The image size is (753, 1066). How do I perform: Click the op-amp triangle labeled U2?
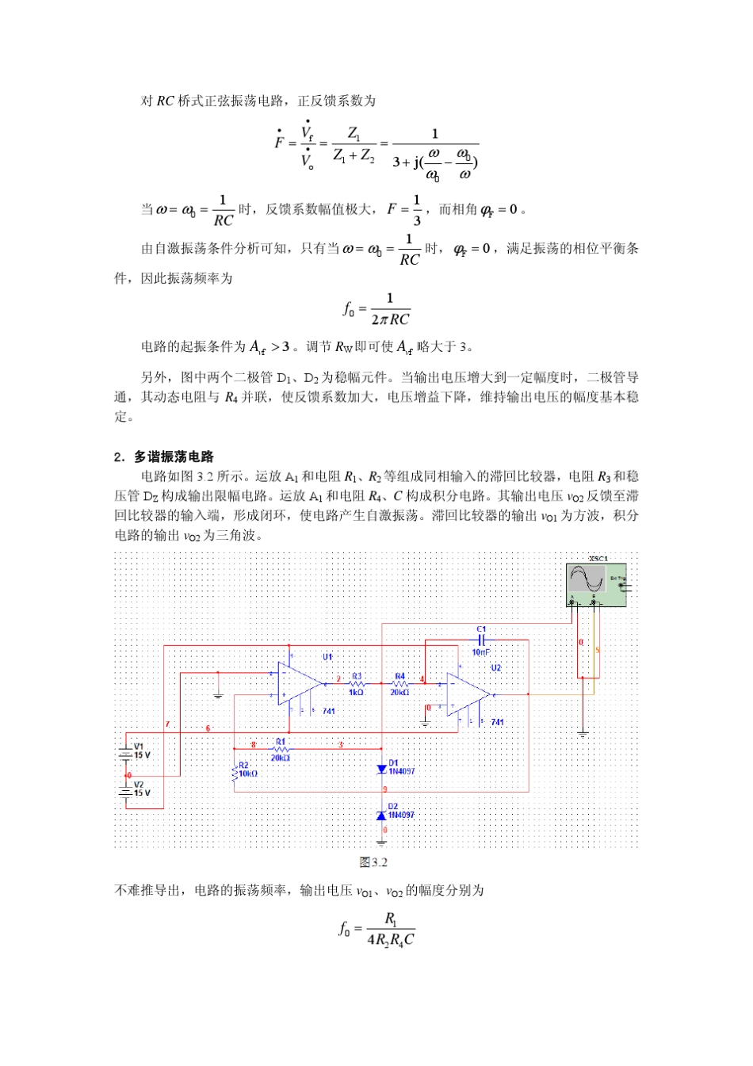468,695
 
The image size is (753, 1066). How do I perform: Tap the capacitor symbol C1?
481,640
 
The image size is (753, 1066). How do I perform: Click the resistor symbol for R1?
281,748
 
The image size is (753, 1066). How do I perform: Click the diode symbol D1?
382,769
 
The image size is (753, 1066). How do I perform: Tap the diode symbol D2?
382,815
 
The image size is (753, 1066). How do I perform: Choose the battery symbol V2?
126,789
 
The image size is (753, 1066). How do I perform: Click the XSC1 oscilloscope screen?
587,579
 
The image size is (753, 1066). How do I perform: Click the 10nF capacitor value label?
481,652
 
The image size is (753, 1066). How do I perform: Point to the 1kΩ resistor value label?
357,693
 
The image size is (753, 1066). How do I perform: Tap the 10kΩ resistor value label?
248,774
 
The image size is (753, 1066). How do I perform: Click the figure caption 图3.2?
373,862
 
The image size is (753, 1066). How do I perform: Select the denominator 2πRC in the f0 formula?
390,319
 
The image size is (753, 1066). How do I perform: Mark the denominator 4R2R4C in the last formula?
391,940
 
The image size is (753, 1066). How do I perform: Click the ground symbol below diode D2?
382,841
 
